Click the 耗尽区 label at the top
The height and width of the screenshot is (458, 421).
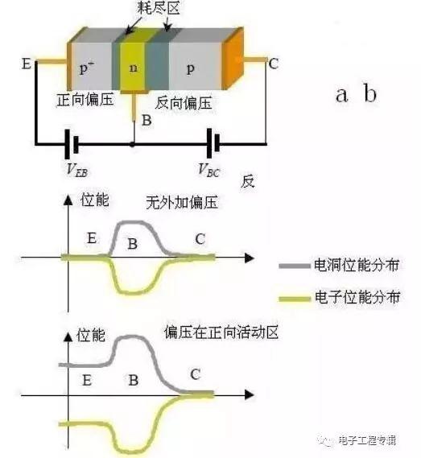pyautogui.click(x=158, y=7)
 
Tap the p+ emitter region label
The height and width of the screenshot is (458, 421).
pyautogui.click(x=87, y=68)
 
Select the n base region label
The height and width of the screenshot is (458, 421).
pyautogui.click(x=134, y=68)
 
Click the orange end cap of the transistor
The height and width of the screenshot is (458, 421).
pyautogui.click(x=233, y=59)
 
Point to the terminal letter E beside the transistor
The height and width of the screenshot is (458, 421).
pyautogui.click(x=27, y=64)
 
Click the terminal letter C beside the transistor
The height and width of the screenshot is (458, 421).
pyautogui.click(x=274, y=64)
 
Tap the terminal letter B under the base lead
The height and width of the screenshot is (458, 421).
pyautogui.click(x=147, y=120)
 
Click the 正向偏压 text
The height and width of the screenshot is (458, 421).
pyautogui.click(x=85, y=100)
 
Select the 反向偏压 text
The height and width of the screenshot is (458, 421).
pyautogui.click(x=184, y=103)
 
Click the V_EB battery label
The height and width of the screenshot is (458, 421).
pyautogui.click(x=77, y=170)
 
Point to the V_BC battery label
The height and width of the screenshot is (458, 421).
pyautogui.click(x=208, y=170)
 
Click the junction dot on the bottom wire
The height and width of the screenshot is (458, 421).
pyautogui.click(x=132, y=144)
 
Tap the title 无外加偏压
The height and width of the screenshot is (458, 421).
pyautogui.click(x=182, y=202)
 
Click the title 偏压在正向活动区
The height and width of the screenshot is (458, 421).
pyautogui.click(x=221, y=332)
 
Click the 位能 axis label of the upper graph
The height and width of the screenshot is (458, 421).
pyautogui.click(x=95, y=200)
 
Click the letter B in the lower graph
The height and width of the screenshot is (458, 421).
pyautogui.click(x=134, y=380)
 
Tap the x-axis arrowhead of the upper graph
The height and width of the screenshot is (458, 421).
pyautogui.click(x=250, y=258)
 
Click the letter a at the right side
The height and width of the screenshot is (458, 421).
pyautogui.click(x=342, y=95)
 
